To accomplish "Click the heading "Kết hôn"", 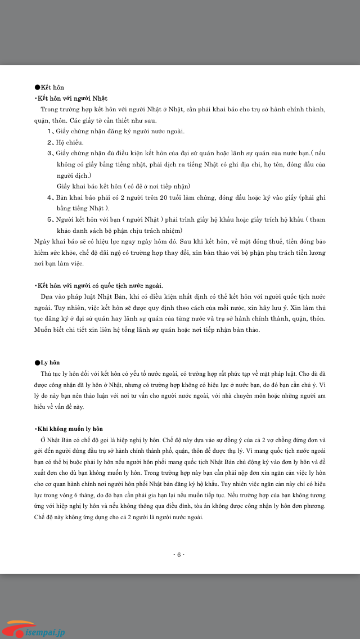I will pyautogui.click(x=52, y=88).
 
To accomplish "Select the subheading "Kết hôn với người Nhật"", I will pyautogui.click(x=71, y=98).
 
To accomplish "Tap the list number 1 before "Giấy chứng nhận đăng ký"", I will pyautogui.click(x=49, y=131).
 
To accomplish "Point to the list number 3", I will pyautogui.click(x=49, y=153).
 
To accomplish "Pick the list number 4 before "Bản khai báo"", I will pyautogui.click(x=49, y=198).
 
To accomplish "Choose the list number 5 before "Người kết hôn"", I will pyautogui.click(x=49, y=219).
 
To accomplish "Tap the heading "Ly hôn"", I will pyautogui.click(x=50, y=362).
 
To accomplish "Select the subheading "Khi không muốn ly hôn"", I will pyautogui.click(x=69, y=429).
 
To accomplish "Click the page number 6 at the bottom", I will pyautogui.click(x=179, y=555).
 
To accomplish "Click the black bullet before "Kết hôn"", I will pyautogui.click(x=37, y=88).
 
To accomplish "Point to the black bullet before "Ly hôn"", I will pyautogui.click(x=37, y=362).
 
